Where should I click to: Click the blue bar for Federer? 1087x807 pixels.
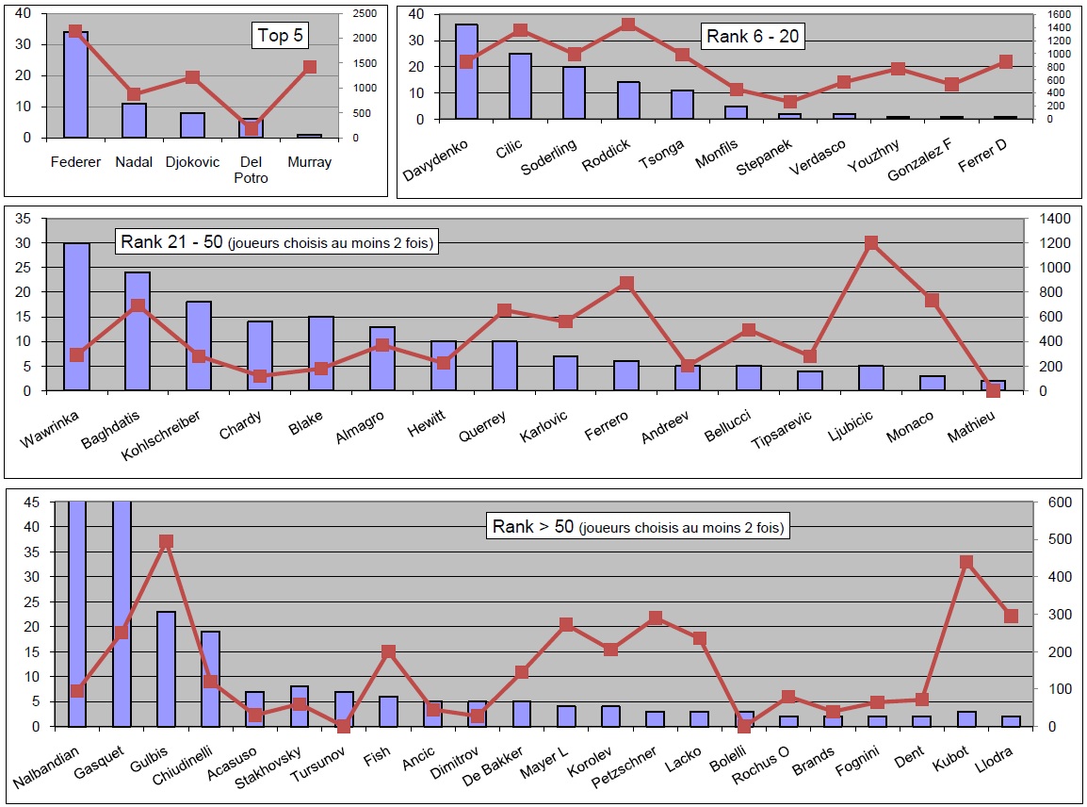75,85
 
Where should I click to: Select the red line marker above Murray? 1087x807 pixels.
310,67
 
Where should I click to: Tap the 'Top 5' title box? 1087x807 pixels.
283,37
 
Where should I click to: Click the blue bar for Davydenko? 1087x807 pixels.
466,72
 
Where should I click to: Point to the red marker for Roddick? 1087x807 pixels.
628,25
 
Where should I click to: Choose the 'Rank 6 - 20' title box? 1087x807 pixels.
754,37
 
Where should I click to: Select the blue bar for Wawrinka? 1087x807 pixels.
76,317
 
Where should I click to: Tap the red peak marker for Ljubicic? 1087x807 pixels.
871,243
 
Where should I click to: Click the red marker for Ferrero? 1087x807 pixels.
626,284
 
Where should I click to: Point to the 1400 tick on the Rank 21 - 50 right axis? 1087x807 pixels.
1052,219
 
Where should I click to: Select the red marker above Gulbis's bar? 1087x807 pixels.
166,542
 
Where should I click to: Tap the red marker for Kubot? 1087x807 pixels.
966,562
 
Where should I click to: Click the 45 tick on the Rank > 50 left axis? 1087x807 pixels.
32,502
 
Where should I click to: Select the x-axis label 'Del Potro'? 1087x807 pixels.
251,170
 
